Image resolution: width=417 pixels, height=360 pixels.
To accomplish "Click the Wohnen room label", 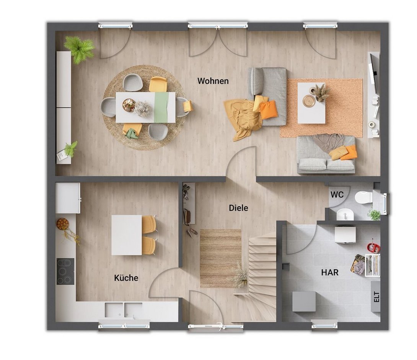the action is (x=213, y=81).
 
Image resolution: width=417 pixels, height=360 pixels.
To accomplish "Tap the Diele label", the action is (x=239, y=208).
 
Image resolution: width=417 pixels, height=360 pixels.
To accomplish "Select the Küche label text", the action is (x=126, y=278).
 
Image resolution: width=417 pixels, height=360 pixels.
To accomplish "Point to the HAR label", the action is (x=330, y=272).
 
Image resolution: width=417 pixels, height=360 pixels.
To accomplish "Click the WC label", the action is (x=337, y=195).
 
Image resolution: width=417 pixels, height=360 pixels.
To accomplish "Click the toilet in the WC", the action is (x=363, y=197).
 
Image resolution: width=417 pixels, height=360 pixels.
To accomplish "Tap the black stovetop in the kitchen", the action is (x=65, y=272).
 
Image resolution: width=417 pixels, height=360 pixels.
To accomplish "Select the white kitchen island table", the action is (x=127, y=235).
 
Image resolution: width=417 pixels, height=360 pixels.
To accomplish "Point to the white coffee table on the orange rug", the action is (x=311, y=103).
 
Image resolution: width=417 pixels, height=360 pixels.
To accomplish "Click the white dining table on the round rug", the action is (x=145, y=108).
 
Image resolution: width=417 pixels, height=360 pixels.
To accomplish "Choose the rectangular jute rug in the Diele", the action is (x=220, y=259).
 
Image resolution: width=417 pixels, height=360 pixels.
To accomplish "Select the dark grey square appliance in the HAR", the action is (x=304, y=301).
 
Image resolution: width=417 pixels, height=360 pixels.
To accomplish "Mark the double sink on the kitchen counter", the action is (x=124, y=310).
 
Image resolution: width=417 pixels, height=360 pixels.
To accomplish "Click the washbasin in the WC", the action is (x=345, y=214).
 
